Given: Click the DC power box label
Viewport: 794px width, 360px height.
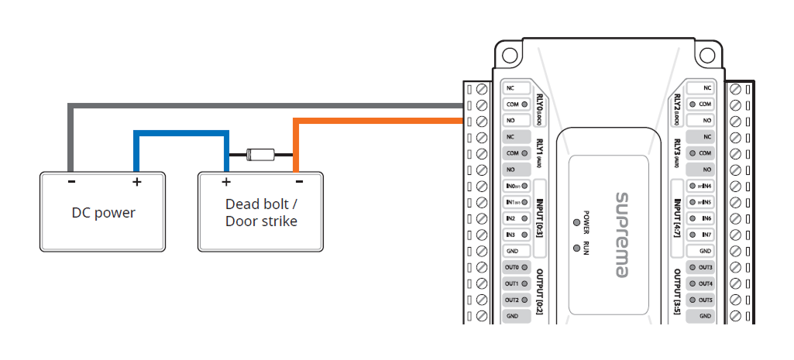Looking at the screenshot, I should tap(104, 213).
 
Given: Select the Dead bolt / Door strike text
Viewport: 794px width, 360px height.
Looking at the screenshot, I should tap(261, 213).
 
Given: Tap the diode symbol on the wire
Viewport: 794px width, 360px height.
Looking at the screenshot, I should tap(259, 153).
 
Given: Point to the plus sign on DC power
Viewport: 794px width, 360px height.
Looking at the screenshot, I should tap(136, 183).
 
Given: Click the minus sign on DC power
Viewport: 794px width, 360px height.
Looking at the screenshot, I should tap(71, 183).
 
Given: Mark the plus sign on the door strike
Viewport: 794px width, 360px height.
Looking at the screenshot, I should tap(226, 183).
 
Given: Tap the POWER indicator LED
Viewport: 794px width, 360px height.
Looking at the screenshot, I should tap(576, 222).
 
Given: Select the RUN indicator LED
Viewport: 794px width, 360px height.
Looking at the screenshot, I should tap(576, 248).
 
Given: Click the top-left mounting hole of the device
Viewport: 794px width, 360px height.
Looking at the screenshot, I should tap(508, 55).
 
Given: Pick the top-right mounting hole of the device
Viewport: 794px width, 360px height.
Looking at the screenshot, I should tap(706, 55).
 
